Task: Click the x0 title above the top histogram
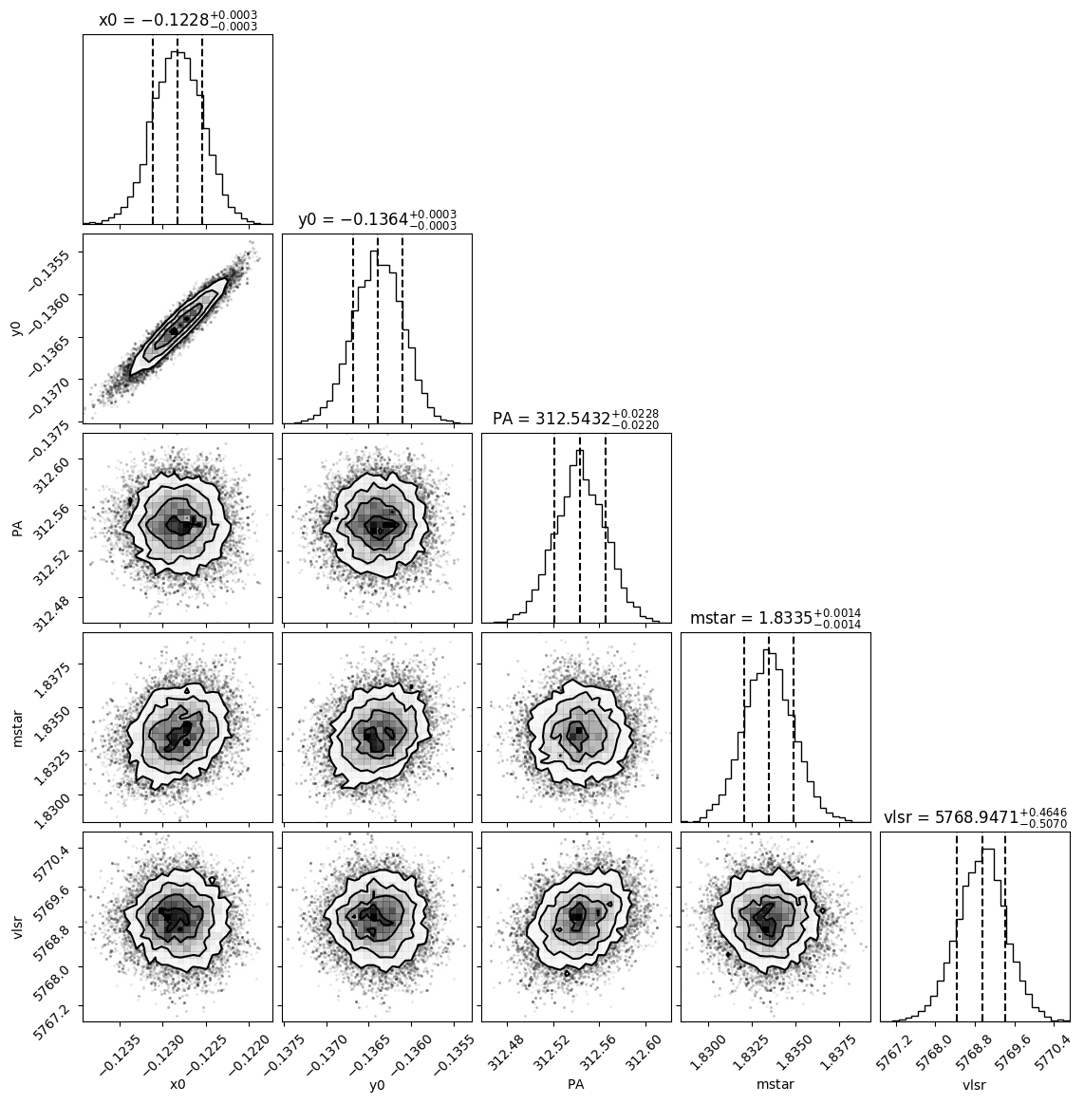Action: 178,21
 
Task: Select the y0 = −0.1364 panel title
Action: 377,219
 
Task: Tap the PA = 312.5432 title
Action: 576,419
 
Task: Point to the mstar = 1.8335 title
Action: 775,618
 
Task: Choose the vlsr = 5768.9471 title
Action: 975,817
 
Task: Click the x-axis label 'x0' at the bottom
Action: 178,1084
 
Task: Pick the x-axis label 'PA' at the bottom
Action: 576,1084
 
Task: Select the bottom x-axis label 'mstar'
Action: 775,1085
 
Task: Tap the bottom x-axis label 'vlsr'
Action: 974,1085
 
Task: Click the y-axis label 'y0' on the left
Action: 17,328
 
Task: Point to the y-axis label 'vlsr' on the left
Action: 17,926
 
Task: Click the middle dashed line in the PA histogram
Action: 580,528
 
